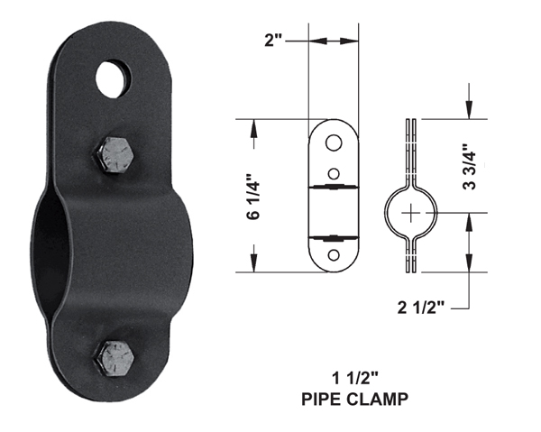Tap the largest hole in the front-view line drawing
tap(334, 142)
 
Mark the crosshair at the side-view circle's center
tap(413, 213)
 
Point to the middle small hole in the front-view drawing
tap(334, 171)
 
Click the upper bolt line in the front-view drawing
tap(334, 188)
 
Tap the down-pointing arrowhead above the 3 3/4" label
tap(469, 111)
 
